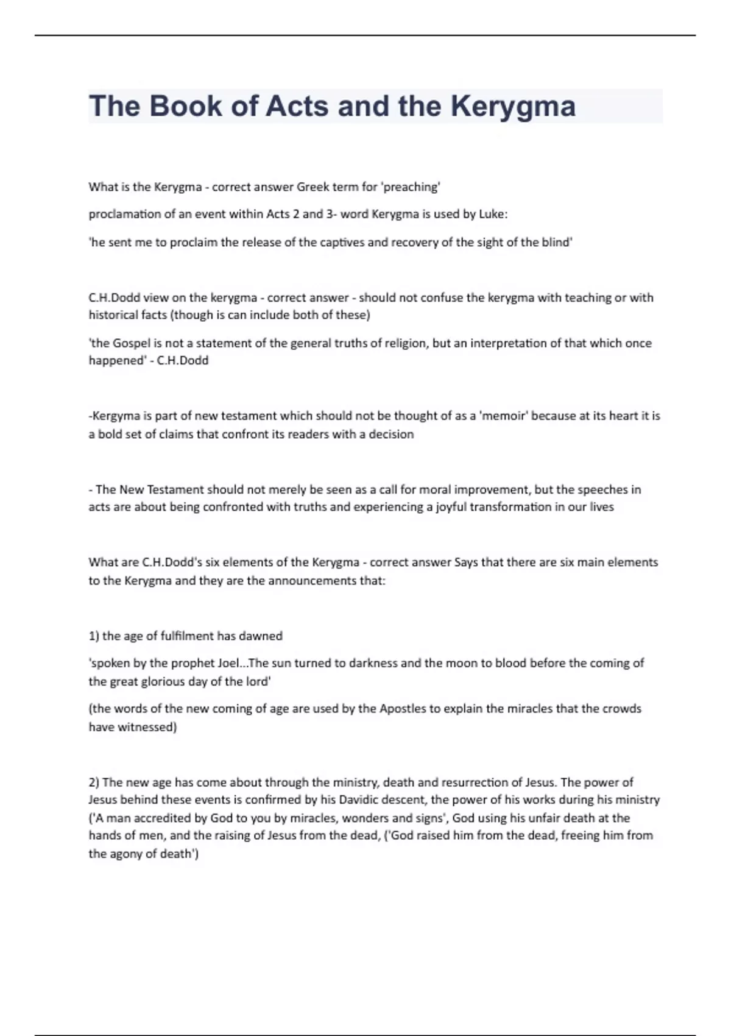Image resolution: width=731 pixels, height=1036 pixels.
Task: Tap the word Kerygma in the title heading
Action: pyautogui.click(x=513, y=106)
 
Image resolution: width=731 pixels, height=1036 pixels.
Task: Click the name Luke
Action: pyautogui.click(x=492, y=215)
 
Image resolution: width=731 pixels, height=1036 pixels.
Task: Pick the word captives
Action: pyautogui.click(x=342, y=243)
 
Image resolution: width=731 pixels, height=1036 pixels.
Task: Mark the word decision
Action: pyautogui.click(x=391, y=435)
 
